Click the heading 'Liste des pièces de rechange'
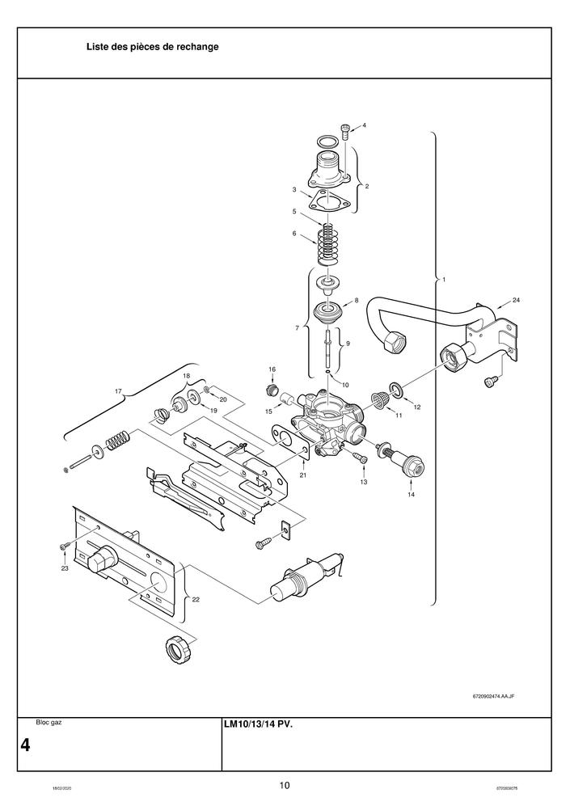pyautogui.click(x=152, y=47)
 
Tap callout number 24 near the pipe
pyautogui.click(x=516, y=301)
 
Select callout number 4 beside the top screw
pyautogui.click(x=364, y=125)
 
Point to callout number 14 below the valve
pyautogui.click(x=411, y=494)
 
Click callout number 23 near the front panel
pyautogui.click(x=65, y=568)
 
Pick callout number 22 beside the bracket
pyautogui.click(x=196, y=599)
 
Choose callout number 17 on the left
pyautogui.click(x=118, y=391)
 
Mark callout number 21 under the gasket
pyautogui.click(x=302, y=475)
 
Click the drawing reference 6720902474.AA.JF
pyautogui.click(x=494, y=695)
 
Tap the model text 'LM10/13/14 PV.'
pyautogui.click(x=258, y=724)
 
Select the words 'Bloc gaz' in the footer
pyautogui.click(x=49, y=722)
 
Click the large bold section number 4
pyautogui.click(x=26, y=745)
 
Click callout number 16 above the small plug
pyautogui.click(x=272, y=369)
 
